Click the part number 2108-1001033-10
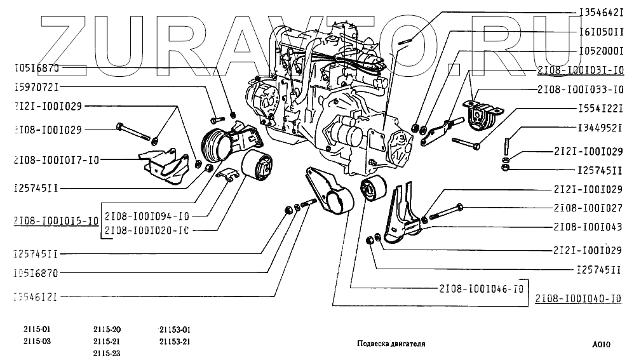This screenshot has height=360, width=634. (x=580, y=89)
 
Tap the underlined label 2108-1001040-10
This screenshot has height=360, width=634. (x=578, y=298)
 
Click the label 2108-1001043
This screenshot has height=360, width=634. (x=588, y=227)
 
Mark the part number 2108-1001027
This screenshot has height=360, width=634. (x=588, y=208)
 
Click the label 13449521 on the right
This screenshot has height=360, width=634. (x=600, y=128)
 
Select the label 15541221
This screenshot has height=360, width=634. (x=600, y=109)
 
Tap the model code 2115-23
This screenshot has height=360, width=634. (x=107, y=353)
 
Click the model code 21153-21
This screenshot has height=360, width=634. (x=175, y=341)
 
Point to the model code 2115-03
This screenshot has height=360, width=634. (x=36, y=341)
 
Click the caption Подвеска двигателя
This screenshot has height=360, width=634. (x=391, y=343)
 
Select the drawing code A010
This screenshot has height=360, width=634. (x=600, y=343)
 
